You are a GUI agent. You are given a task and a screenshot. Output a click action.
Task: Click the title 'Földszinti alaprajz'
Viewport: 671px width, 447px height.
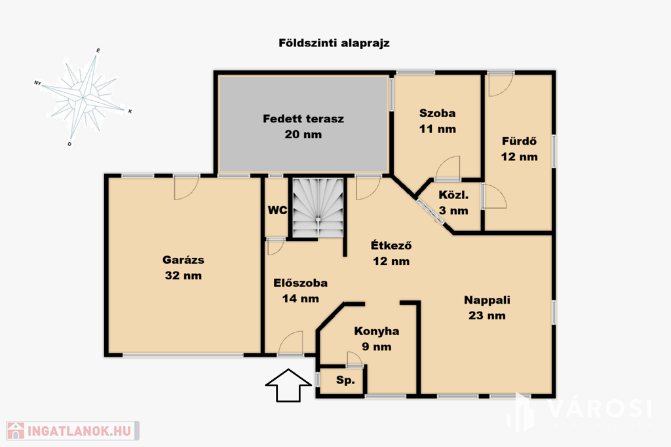coord(334,43)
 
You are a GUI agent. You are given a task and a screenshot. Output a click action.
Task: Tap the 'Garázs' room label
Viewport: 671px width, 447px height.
coord(183,260)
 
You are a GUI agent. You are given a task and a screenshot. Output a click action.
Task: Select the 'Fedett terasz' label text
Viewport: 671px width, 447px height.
coord(303,119)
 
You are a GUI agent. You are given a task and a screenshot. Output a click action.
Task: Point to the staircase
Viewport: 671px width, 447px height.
coord(318,207)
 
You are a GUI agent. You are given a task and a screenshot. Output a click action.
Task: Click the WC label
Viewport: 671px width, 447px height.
coord(277,210)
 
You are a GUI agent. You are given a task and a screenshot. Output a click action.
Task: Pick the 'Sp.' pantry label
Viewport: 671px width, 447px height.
coord(345,380)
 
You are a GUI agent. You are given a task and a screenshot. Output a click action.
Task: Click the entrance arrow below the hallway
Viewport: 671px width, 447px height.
coord(288,385)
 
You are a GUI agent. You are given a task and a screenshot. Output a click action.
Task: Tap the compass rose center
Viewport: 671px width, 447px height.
coord(83,98)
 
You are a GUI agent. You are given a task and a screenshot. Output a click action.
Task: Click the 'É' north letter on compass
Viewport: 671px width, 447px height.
coord(98,51)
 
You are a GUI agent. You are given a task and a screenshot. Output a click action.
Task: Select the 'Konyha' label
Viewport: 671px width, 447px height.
coord(377,331)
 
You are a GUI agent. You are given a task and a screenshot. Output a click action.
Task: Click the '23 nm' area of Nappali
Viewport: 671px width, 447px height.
coord(487,316)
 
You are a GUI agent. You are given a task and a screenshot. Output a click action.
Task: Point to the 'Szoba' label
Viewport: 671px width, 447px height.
coord(437,113)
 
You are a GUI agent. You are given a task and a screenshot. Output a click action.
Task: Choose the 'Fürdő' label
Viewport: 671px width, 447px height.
coord(519,141)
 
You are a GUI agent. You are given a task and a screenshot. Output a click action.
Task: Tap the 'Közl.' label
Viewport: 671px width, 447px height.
coord(453,195)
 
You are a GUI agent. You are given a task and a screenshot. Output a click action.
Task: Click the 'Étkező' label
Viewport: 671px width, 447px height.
coord(391,245)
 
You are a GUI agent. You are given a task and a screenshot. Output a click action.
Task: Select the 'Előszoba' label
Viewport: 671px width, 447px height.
coord(300,283)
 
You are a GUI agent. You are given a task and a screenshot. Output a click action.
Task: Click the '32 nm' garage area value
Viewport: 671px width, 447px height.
coord(183,276)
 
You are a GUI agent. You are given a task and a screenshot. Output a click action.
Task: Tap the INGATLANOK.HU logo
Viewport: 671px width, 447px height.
coord(73,431)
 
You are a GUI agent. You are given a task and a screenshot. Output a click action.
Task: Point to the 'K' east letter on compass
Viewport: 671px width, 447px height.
coord(130,111)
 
